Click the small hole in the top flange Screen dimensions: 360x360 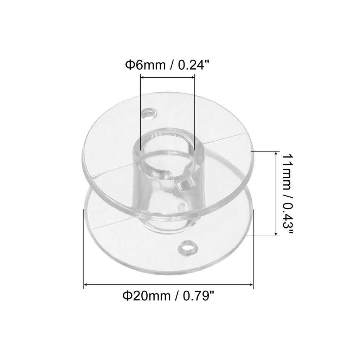pyautogui.click(x=148, y=114)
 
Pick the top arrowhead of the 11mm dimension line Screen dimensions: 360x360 pyautogui.click(x=275, y=153)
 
